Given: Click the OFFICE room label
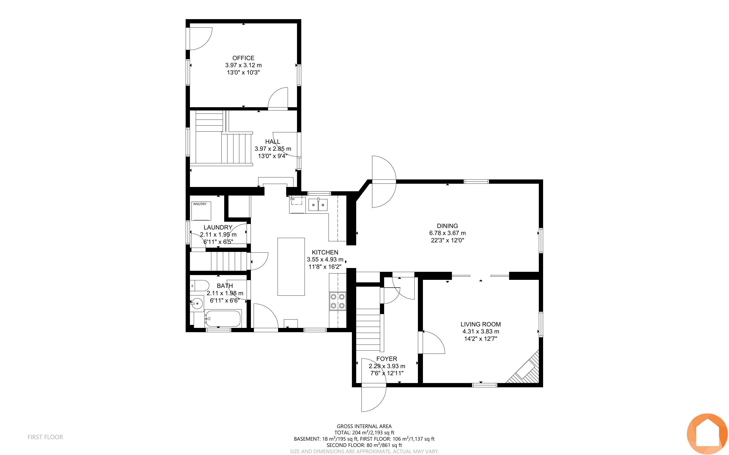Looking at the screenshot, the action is tap(243, 58).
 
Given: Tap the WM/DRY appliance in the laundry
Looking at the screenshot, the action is tap(201, 211).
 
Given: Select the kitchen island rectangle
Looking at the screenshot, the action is tap(291, 267).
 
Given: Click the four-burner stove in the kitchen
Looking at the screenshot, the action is tap(338, 301).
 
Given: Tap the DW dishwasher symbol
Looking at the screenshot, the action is tap(297, 205).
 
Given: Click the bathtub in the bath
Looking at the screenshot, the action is tap(223, 319).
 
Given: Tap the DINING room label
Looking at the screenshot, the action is tap(447, 226).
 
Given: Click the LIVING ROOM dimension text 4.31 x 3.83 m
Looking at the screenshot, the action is tap(481, 331).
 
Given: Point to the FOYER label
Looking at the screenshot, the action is tap(387, 359).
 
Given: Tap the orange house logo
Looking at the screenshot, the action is tap(707, 434).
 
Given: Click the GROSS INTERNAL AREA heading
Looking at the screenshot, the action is tap(364, 426).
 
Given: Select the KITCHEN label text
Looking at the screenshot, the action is tap(325, 252).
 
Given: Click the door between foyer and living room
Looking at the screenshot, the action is tap(432, 343).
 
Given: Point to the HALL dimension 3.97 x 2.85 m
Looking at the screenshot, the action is tap(273, 149).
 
